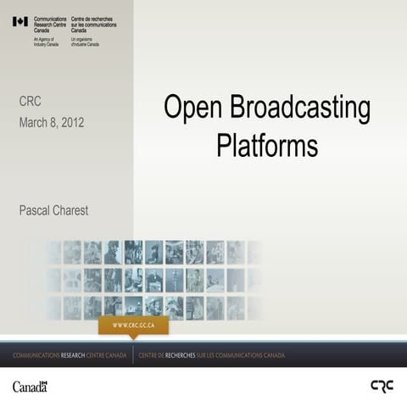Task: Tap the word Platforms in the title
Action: coord(266,145)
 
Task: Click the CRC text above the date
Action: coord(30,102)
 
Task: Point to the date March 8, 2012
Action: coord(51,123)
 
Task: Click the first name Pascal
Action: coord(35,209)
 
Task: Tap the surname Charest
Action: coord(70,209)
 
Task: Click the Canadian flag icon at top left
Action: coord(20,21)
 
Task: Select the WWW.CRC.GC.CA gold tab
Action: coord(133,325)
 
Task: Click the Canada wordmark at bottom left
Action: coord(30,387)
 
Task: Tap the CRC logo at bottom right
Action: coord(382,386)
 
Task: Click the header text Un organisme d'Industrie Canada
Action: coord(86,42)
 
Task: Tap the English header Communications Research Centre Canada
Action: coord(50,24)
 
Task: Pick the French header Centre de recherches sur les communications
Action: coord(93,24)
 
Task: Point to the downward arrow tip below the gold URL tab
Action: coord(133,337)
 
